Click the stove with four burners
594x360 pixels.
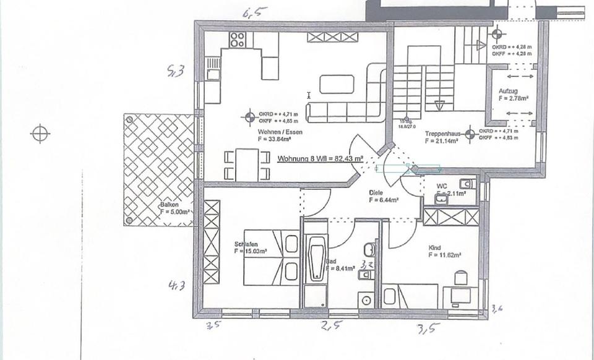[x=237, y=40]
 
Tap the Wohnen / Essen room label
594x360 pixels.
[x=277, y=132]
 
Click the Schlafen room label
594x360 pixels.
[x=246, y=244]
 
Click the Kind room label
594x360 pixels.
[x=434, y=247]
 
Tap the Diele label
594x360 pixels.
[x=377, y=192]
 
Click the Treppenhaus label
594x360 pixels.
[x=441, y=134]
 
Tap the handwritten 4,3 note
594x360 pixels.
[x=178, y=285]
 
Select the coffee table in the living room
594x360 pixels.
[x=337, y=84]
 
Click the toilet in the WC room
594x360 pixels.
[x=468, y=184]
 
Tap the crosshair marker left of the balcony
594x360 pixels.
[x=40, y=133]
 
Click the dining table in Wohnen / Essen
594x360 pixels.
[x=247, y=165]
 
